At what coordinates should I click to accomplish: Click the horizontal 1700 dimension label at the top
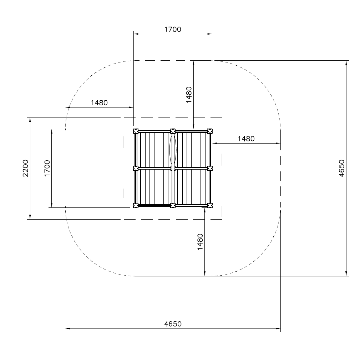click(x=173, y=30)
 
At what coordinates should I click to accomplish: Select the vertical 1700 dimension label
click(x=47, y=168)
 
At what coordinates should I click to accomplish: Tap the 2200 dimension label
click(x=26, y=168)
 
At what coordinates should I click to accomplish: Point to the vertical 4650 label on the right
click(x=342, y=168)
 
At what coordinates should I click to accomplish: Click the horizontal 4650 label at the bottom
click(x=173, y=324)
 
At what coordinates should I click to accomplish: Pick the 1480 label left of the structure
click(x=99, y=103)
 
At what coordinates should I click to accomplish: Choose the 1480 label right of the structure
click(x=246, y=139)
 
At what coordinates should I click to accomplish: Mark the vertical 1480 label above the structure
click(x=189, y=95)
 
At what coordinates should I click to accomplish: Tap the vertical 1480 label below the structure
click(x=201, y=242)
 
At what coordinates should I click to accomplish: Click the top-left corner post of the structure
click(x=136, y=131)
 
